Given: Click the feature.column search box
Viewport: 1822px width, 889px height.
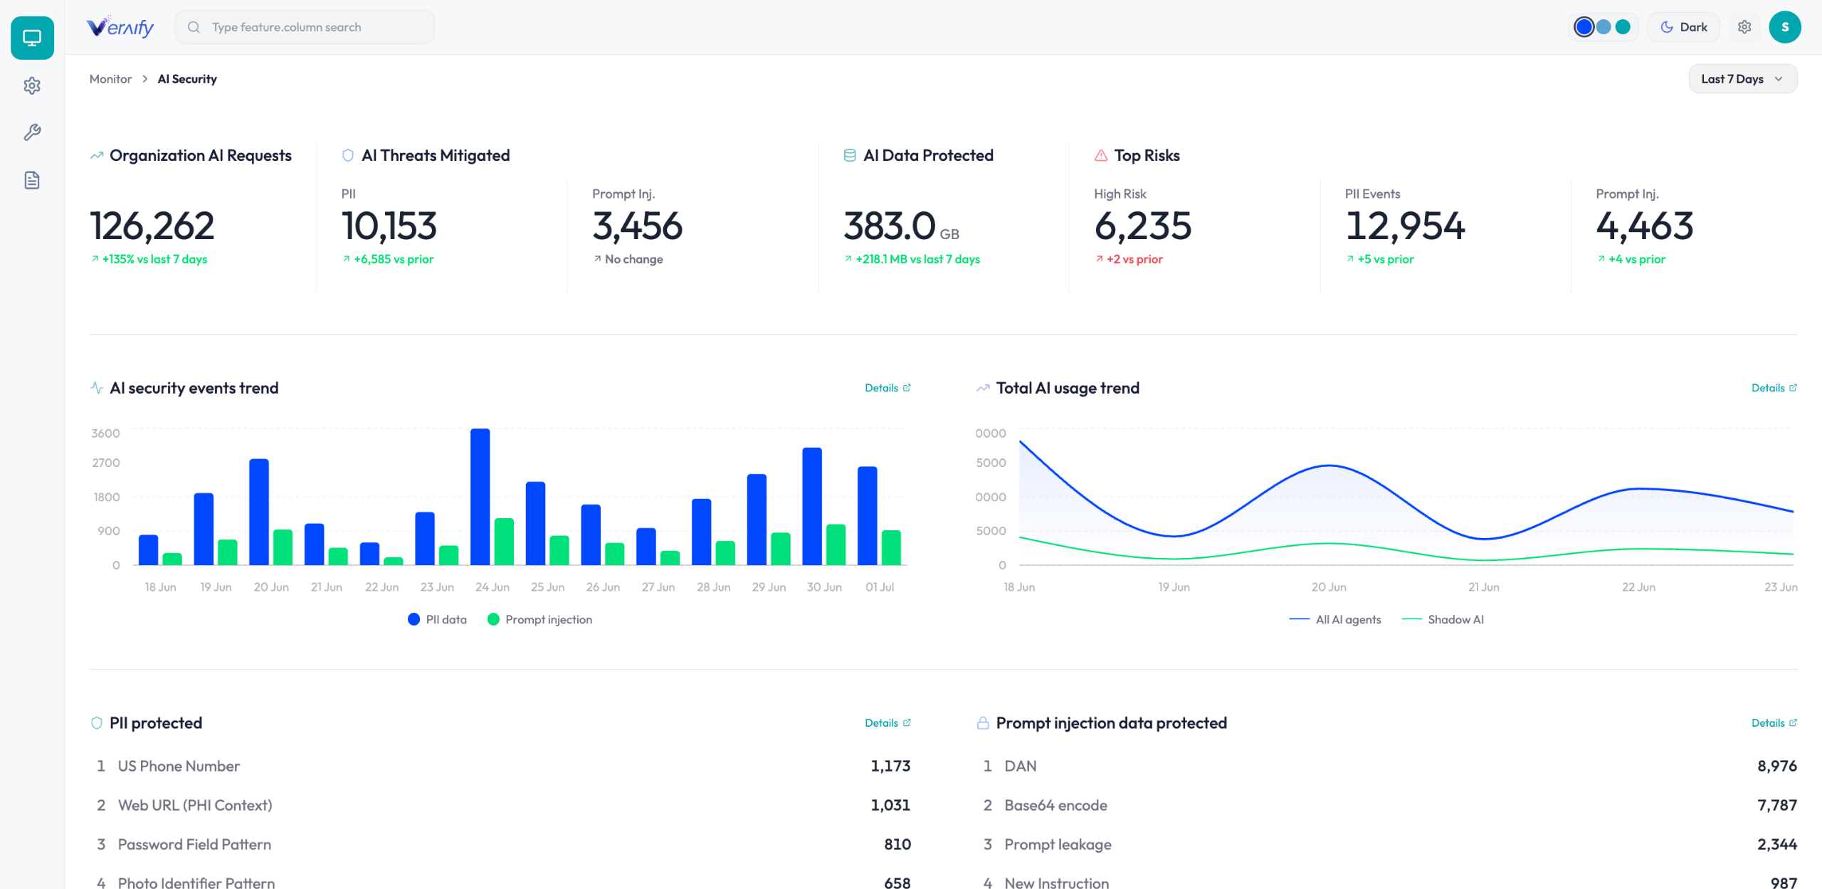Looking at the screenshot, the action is [305, 27].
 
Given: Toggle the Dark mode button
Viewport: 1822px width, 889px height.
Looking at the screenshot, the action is [1683, 27].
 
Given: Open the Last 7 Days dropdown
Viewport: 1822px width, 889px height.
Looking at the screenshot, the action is [1742, 79].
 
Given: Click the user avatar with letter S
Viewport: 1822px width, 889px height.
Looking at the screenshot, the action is [1784, 27].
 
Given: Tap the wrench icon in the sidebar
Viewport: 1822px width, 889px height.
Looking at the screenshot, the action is [32, 132].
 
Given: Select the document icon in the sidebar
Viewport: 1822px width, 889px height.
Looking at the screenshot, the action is [32, 180].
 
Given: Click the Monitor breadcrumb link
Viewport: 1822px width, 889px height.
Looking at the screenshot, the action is [110, 79].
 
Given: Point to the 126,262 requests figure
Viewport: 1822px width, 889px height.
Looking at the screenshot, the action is [152, 226].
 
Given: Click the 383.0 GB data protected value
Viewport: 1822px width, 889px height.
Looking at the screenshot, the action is [901, 226].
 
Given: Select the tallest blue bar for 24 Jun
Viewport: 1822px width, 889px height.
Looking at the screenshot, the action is [480, 497].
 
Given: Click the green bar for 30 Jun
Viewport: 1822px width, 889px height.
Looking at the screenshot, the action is [836, 545].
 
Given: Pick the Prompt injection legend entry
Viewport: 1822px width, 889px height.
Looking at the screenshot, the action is [540, 619].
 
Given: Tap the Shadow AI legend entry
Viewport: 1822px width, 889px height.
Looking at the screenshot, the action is [1443, 619].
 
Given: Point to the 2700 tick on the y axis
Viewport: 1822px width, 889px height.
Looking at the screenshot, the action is [106, 463].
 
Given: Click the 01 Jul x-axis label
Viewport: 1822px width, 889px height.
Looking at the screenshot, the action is [880, 587].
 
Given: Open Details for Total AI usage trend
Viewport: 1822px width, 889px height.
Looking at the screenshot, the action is [1774, 388].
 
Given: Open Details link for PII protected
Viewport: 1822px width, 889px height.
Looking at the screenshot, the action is [888, 723].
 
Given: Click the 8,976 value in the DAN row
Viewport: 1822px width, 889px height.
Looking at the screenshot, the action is [1776, 766].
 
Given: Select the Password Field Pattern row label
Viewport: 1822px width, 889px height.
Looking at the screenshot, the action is [194, 844].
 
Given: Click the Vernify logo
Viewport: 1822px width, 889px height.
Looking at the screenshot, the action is [120, 27].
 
